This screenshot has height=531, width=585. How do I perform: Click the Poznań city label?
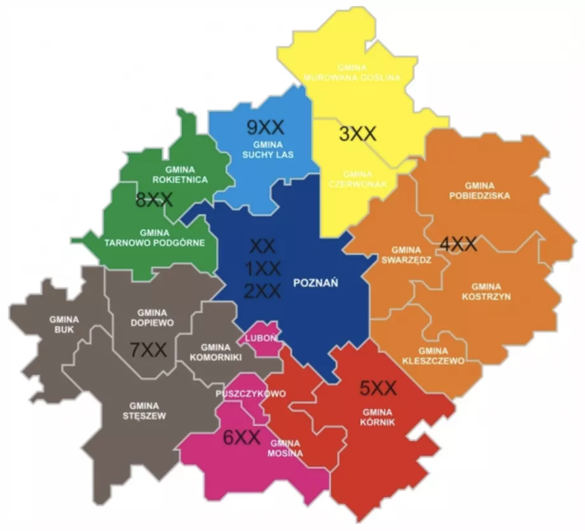(315, 283)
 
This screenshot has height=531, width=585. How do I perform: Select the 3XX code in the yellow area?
(358, 134)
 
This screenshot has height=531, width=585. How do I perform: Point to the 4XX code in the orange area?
(458, 244)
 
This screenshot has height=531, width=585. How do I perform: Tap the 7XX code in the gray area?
(148, 349)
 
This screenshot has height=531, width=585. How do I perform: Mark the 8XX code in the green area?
(154, 200)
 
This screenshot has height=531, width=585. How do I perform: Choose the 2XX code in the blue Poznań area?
(263, 291)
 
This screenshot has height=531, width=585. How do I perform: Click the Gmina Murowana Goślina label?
(352, 73)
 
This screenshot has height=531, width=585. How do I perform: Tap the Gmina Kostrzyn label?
(486, 291)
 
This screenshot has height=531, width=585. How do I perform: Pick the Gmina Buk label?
(64, 324)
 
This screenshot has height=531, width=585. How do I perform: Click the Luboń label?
(261, 338)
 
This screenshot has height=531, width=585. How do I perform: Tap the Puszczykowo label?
(251, 393)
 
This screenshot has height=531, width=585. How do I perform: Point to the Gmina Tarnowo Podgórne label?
(155, 237)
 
